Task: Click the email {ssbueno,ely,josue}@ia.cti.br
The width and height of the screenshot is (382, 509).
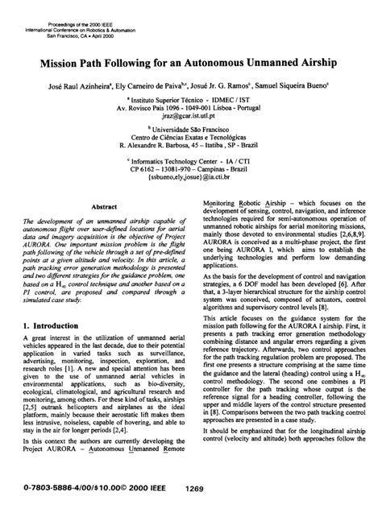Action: pyautogui.click(x=190, y=180)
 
